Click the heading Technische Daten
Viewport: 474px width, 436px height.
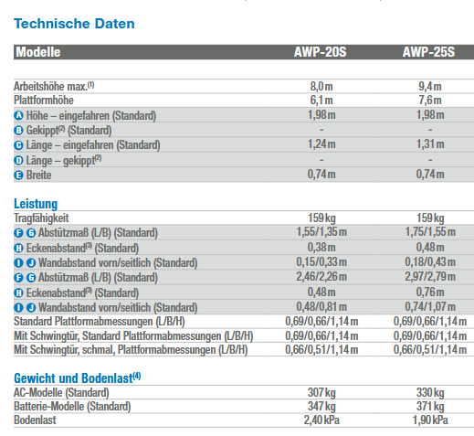tap(74, 24)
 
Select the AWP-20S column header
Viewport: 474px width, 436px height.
tap(320, 52)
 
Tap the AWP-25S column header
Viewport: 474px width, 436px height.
tap(428, 52)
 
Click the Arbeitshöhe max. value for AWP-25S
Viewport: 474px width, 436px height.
tap(430, 87)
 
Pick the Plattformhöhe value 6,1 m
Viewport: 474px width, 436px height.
tap(321, 101)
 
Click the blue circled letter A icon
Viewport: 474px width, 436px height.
tap(18, 115)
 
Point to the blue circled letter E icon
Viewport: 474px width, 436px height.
tap(18, 175)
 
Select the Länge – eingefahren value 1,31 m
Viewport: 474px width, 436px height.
tap(430, 144)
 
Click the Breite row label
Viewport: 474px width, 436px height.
tap(38, 175)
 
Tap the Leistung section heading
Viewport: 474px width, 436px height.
tap(36, 204)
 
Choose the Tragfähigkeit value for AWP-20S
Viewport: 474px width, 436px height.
tap(321, 218)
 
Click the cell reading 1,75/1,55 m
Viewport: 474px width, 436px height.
tap(430, 232)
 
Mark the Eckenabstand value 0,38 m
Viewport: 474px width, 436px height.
tap(321, 248)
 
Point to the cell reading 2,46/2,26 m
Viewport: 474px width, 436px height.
tap(321, 277)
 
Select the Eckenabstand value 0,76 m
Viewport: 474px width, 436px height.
tap(430, 292)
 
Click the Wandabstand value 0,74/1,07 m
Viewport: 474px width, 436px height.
tap(430, 306)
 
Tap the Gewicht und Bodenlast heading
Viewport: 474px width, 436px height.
tap(78, 378)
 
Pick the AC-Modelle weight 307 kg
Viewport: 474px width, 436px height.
tap(321, 393)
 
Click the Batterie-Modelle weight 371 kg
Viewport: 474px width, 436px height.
tap(430, 407)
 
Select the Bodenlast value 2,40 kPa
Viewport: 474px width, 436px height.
tap(321, 420)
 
